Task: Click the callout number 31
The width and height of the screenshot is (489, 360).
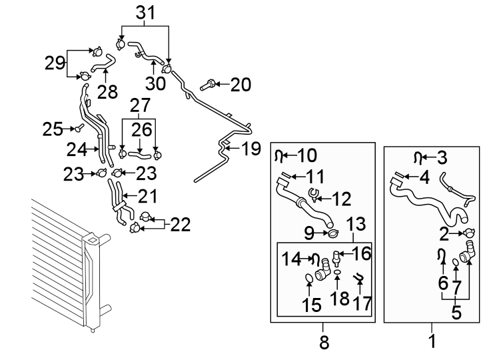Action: coord(146,13)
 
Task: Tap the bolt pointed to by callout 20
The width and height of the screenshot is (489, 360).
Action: coord(207,85)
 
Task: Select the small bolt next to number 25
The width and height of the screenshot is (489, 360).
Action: coord(79,127)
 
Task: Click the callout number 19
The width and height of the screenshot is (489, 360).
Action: coord(251,149)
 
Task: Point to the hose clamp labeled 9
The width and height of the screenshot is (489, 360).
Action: coord(333,233)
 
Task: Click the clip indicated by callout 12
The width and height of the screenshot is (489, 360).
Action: coord(313,195)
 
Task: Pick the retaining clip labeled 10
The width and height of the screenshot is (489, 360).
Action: coord(279,156)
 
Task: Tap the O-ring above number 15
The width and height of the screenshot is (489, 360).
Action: coord(308,278)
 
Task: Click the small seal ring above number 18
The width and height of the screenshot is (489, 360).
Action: coord(337,273)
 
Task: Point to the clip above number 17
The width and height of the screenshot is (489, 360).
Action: coord(358,277)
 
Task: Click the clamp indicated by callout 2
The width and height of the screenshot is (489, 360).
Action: coord(470,233)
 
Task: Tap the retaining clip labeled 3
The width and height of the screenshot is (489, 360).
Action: coord(418,157)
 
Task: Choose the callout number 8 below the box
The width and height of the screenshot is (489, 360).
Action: coord(324,342)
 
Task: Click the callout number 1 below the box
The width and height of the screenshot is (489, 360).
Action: coord(432,341)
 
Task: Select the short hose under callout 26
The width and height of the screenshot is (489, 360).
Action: coord(139,153)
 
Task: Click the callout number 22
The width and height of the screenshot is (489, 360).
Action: coord(180,225)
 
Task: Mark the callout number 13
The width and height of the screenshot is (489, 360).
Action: coord(356,224)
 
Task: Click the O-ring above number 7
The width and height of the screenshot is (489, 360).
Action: coord(456,263)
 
